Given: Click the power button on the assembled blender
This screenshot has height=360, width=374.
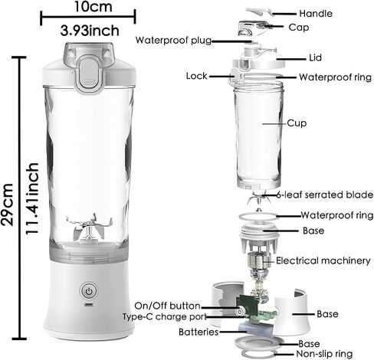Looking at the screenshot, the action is pos(89,290).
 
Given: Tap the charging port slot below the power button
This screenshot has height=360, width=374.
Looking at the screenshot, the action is pos(89,305).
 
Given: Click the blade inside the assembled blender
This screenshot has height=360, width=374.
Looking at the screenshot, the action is pos(89,228).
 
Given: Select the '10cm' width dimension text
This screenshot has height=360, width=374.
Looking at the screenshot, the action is pos(93,7).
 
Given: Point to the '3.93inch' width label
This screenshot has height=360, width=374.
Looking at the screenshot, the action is pos(90,31).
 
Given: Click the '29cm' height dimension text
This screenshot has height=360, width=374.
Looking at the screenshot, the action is pos(7,205).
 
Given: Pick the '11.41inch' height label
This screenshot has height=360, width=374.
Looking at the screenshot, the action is pos(32,198).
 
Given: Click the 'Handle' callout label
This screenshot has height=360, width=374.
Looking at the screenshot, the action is pos(316,13).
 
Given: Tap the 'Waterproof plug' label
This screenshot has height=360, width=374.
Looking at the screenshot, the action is pos(173,40).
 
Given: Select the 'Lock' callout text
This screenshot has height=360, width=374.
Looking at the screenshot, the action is pos(196,76).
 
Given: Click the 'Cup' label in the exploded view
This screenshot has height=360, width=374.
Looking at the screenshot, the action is pos(297,123).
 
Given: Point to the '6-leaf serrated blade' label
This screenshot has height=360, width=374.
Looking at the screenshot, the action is pos(325,195).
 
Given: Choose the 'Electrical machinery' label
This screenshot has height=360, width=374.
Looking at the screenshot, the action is pos(323,260).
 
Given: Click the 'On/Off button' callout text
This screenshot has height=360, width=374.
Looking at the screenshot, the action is pos(167,306).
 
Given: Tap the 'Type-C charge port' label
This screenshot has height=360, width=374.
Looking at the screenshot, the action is pos(164,317).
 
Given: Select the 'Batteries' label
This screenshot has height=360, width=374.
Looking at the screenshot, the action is pos(198,332).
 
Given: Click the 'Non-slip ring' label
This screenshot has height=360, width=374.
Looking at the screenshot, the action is pos(324,354).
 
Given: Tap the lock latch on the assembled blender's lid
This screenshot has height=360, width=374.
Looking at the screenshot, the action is pos(89,74).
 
